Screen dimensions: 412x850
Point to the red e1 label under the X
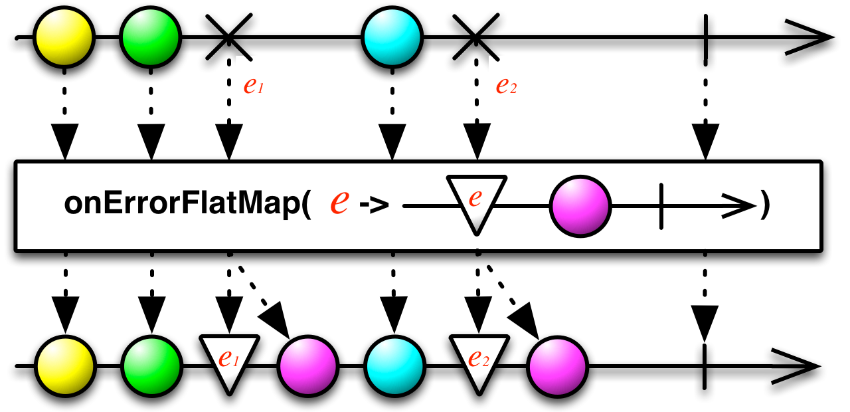[x=253, y=87]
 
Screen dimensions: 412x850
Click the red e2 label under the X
[x=506, y=87]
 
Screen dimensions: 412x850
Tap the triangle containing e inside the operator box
[x=475, y=199]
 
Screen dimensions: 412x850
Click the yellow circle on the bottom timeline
[x=64, y=365]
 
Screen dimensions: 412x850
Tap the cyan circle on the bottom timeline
[x=394, y=365]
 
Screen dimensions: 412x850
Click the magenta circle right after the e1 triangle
[x=309, y=365]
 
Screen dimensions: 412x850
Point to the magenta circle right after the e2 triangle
[x=558, y=365]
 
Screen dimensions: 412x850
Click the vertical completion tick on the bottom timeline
[x=705, y=365]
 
